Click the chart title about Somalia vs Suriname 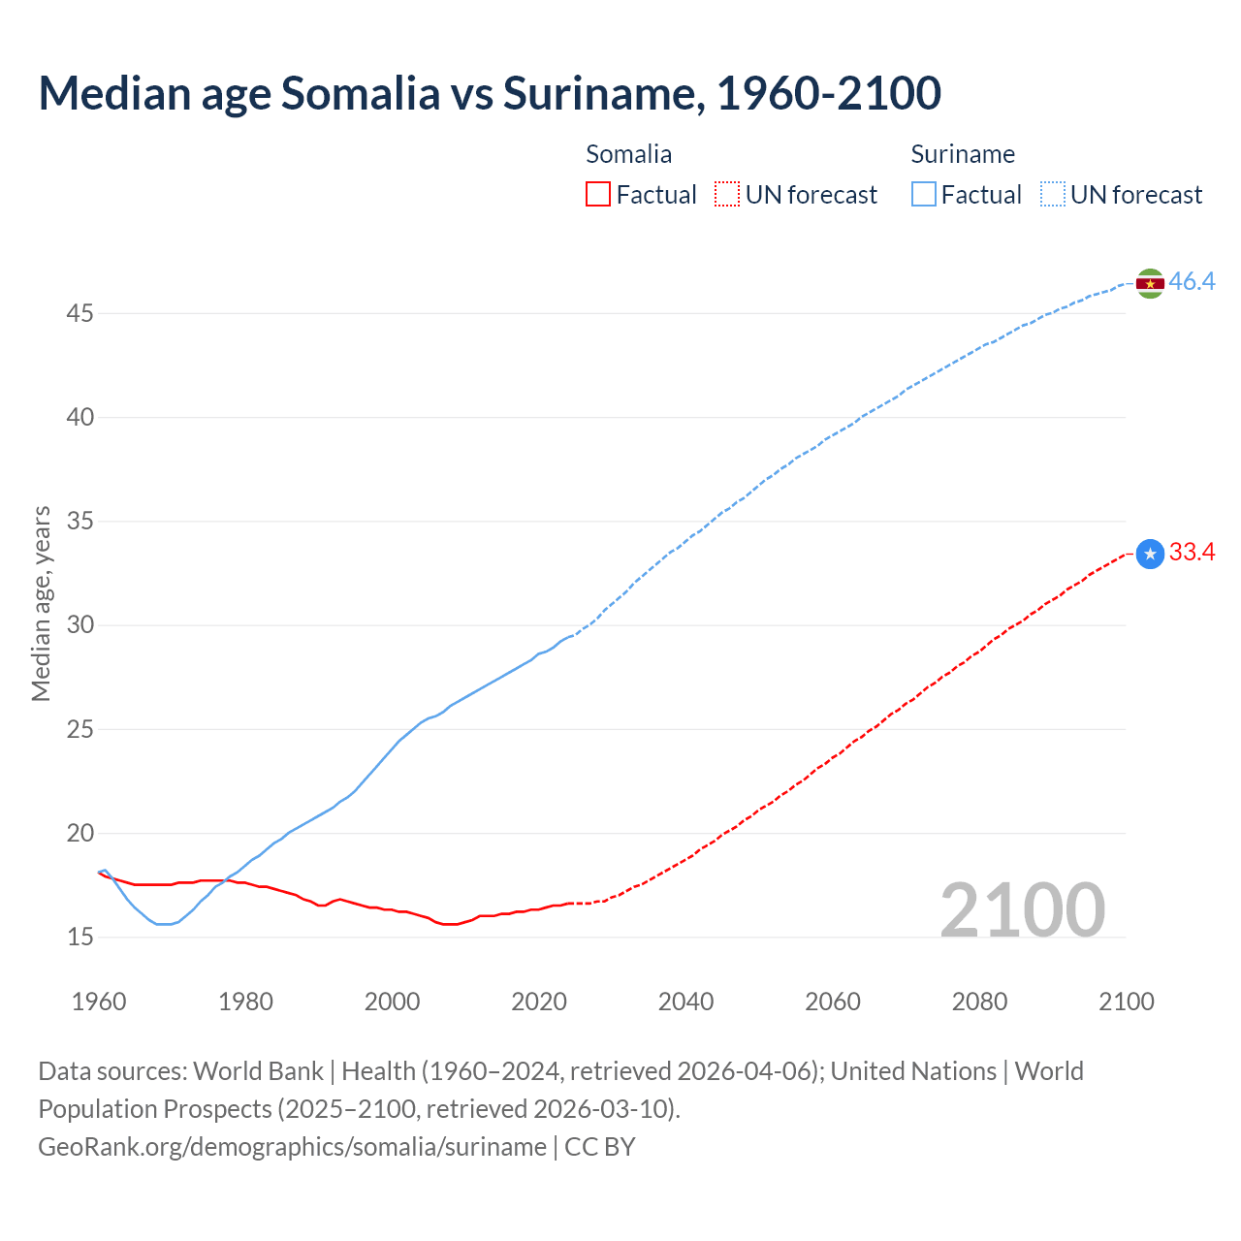tap(490, 94)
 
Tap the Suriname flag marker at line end tap(1150, 283)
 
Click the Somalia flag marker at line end tap(1150, 554)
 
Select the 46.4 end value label tap(1192, 282)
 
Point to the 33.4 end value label tap(1192, 553)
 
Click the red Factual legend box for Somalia tap(598, 195)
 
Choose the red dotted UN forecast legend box tap(727, 195)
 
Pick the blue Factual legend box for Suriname tap(924, 195)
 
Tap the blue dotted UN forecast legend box tap(1053, 195)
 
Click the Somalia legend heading tap(628, 154)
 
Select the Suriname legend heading tap(963, 154)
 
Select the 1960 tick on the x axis tap(99, 1002)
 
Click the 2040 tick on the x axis tap(685, 1002)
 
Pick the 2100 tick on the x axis tap(1126, 1002)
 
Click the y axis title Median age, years tap(41, 603)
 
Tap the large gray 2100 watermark tap(1022, 909)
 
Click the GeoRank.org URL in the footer tap(292, 1147)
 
